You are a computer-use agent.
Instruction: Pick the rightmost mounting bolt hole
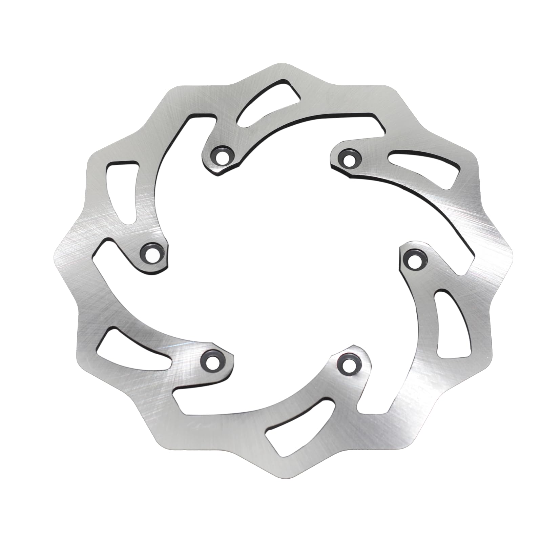click(412, 260)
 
